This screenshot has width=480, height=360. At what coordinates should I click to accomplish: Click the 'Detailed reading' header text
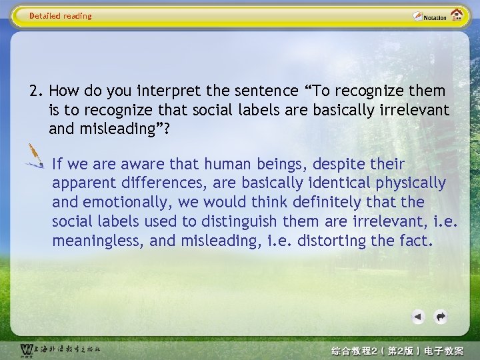point(61,16)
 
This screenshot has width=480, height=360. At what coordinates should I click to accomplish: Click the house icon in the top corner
point(457,15)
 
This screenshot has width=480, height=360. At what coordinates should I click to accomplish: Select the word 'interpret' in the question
point(147,91)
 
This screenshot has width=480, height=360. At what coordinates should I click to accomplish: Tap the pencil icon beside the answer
point(34,156)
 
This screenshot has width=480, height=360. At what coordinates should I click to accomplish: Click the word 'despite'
point(341,164)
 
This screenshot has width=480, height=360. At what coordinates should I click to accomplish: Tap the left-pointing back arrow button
point(417,317)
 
